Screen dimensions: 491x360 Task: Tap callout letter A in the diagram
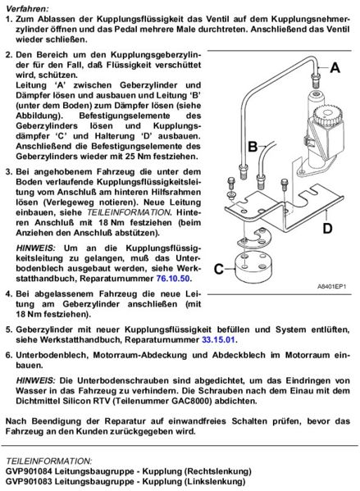[x=334, y=70]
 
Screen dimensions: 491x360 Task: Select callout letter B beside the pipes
[x=230, y=147]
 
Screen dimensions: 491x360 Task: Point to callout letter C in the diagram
[x=219, y=268]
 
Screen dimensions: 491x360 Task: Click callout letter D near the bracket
[x=327, y=229]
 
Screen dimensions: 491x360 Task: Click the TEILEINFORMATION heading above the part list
[x=49, y=461]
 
